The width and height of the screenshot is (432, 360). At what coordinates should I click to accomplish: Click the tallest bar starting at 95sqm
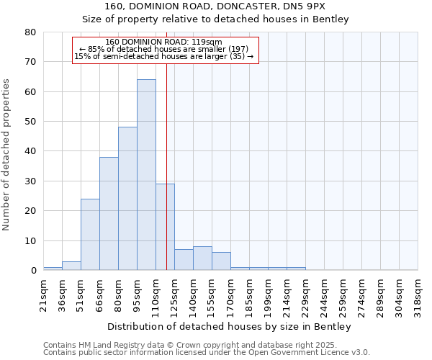(x=146, y=175)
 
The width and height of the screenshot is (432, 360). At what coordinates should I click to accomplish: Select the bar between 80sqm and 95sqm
(x=127, y=199)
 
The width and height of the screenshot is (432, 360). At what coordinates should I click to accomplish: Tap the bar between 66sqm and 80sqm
(x=109, y=214)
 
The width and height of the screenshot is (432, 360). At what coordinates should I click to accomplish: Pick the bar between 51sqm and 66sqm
(x=90, y=235)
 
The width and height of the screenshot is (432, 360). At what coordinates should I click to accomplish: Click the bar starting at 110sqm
(x=165, y=227)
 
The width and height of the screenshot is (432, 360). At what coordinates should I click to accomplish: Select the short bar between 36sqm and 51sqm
(x=71, y=266)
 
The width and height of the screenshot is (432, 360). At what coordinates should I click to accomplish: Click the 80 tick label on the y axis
(x=30, y=32)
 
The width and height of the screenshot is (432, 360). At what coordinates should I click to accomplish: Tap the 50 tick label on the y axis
(x=30, y=122)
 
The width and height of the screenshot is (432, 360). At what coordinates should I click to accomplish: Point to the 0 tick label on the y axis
(x=33, y=271)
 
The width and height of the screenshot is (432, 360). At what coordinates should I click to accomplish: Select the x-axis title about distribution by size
(x=230, y=327)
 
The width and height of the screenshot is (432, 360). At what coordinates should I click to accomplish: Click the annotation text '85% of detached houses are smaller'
(x=163, y=49)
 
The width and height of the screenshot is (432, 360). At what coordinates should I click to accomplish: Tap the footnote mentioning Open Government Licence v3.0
(x=207, y=353)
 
